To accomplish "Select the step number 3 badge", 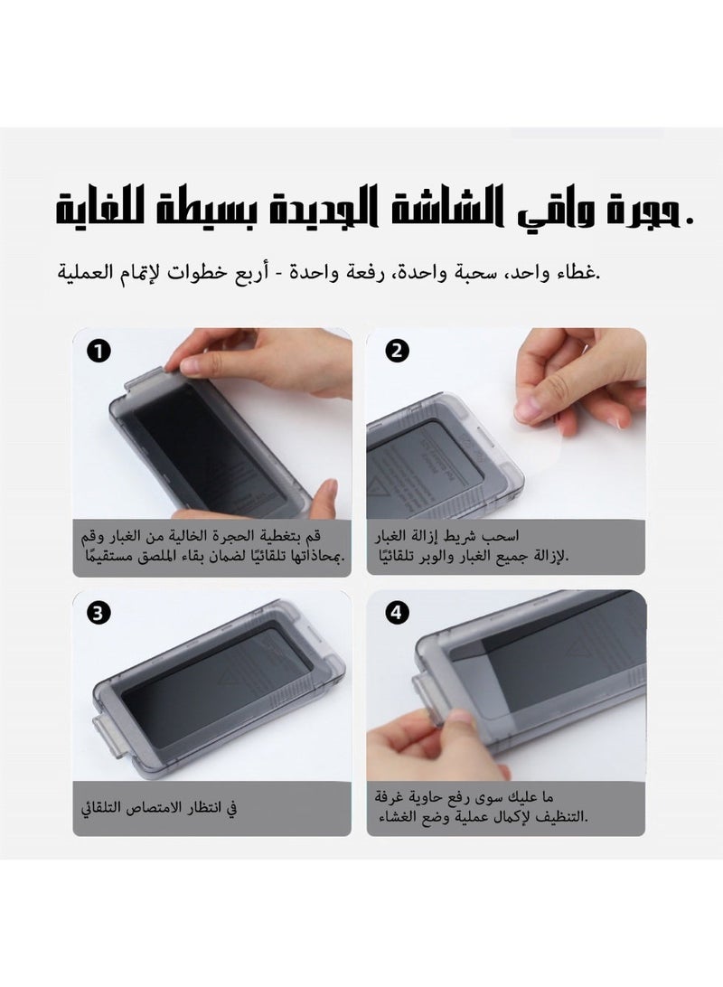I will pyautogui.click(x=96, y=614).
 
